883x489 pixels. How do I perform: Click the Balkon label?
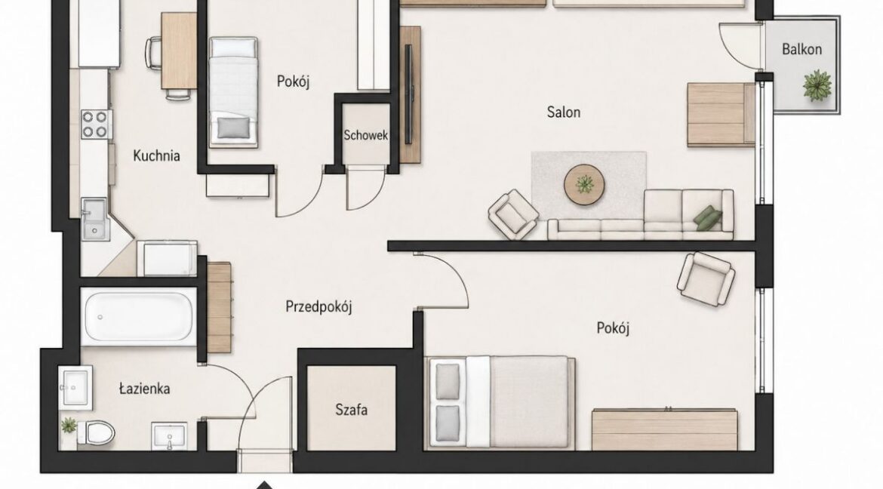pos(801,50)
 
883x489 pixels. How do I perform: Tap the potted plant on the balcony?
pos(817,85)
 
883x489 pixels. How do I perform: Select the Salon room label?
pos(563,112)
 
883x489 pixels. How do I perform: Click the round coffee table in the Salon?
pos(585,184)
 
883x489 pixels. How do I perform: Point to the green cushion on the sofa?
pos(708,218)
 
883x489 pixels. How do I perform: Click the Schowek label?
pos(365,135)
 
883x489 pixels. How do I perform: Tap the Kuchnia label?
pos(156,155)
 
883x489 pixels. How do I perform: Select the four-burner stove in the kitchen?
pos(94,124)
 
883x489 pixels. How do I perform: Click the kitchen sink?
pos(94,219)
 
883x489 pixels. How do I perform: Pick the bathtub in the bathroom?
pos(138,316)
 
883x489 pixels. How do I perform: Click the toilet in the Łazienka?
pos(95,432)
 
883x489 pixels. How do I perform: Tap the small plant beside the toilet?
pos(69,426)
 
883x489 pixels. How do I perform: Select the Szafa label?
pos(352,410)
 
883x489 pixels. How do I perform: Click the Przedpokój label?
pos(318,307)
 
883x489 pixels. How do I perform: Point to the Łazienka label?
pos(145,389)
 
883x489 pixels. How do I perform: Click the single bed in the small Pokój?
pos(234,92)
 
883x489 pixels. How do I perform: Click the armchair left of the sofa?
pos(512,214)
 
